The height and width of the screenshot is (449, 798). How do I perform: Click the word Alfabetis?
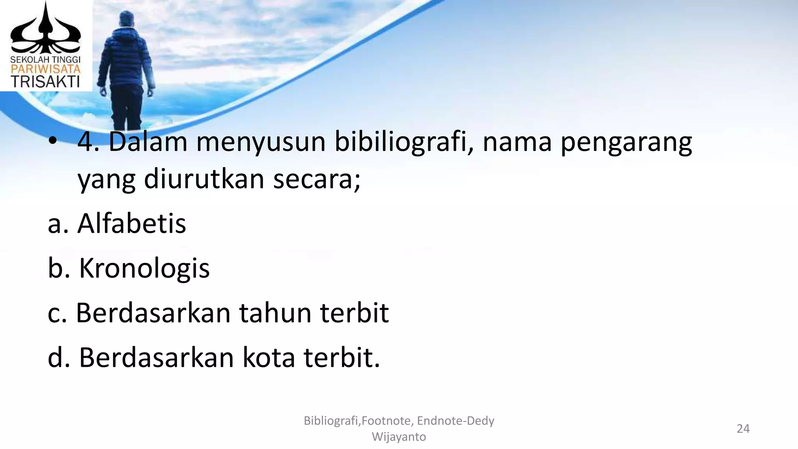132,224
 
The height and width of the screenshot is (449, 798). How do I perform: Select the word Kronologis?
144,269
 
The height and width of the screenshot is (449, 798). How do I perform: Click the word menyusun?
261,143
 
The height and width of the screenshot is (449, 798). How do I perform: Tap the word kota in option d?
268,357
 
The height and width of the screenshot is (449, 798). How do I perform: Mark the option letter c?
57,314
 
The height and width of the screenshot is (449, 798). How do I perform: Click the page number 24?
743,429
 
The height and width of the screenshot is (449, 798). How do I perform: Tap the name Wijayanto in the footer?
399,437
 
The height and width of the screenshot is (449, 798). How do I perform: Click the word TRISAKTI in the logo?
45,81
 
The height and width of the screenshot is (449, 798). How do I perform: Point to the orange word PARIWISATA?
45,69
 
